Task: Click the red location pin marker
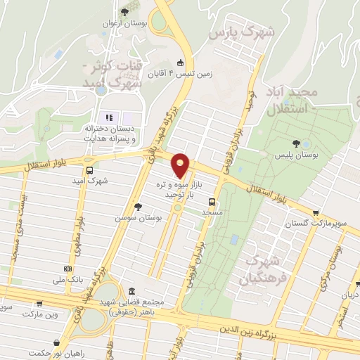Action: pyautogui.click(x=182, y=165)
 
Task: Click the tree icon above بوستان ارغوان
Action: pyautogui.click(x=125, y=11)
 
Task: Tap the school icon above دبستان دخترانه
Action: pyautogui.click(x=108, y=117)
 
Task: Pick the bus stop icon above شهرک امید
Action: pyautogui.click(x=89, y=169)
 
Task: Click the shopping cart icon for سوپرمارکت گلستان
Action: pyautogui.click(x=316, y=213)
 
